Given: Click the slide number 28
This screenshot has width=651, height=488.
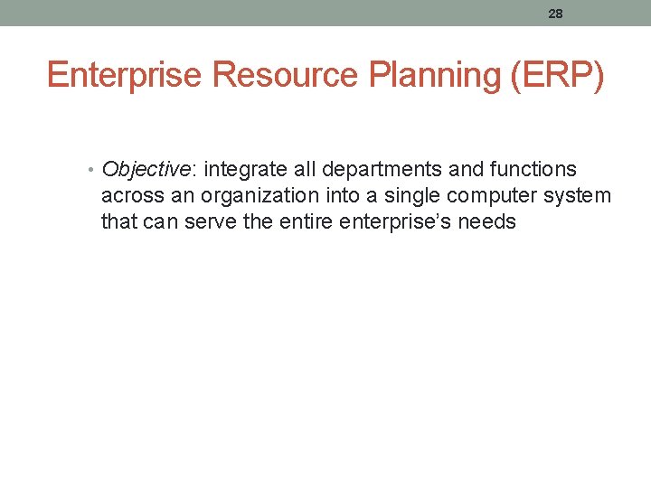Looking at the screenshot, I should pyautogui.click(x=555, y=14).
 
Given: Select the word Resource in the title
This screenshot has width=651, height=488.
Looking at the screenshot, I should pyautogui.click(x=285, y=76).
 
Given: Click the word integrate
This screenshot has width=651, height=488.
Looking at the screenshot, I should pyautogui.click(x=242, y=170).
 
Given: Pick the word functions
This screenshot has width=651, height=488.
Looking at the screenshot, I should pyautogui.click(x=533, y=170).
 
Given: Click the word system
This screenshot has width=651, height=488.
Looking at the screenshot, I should pyautogui.click(x=580, y=196).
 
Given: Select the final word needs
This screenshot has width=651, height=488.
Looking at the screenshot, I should pyautogui.click(x=488, y=222).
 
